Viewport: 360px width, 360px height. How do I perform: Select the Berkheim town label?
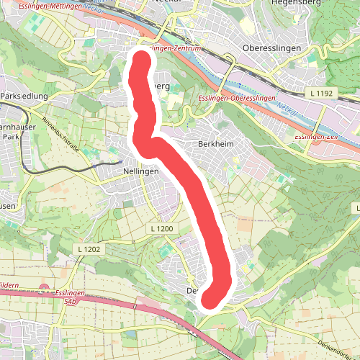click(214, 144)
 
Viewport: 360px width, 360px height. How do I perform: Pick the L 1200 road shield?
click(163, 228)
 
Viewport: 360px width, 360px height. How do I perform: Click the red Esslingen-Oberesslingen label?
click(237, 97)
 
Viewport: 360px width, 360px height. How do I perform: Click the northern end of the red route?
click(139, 58)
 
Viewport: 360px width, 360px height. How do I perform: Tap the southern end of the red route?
click(209, 298)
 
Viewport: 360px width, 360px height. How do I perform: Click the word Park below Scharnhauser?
click(9, 136)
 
